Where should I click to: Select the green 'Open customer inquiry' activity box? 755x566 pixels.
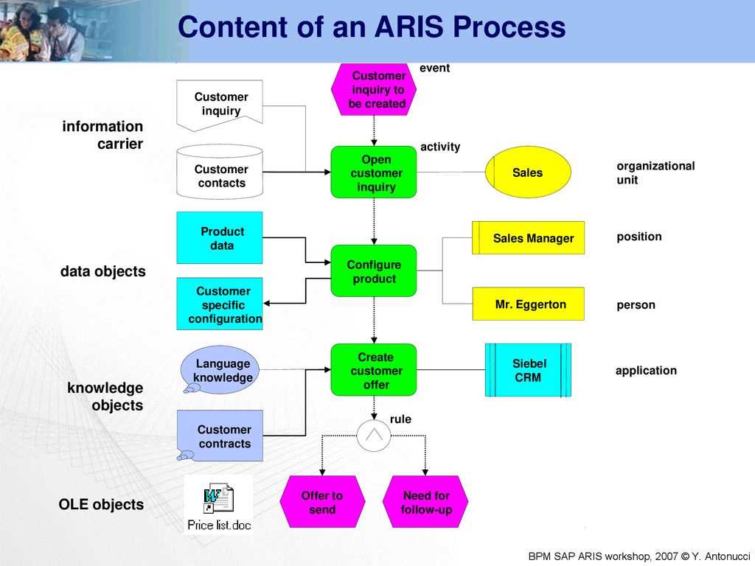374,172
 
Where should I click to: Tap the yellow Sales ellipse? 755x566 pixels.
528,172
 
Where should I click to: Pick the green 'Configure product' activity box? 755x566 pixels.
374,271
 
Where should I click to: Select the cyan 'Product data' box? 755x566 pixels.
220,238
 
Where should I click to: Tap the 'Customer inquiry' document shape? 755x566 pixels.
220,105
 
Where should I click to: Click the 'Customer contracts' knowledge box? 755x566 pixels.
221,436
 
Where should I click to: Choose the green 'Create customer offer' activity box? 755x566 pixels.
374,371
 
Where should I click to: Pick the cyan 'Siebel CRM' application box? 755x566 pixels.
528,370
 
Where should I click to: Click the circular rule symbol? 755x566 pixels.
374,436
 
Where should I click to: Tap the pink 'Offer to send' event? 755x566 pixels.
322,502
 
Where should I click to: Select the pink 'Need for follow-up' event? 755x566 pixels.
426,502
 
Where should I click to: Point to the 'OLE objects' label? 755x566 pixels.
101,505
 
